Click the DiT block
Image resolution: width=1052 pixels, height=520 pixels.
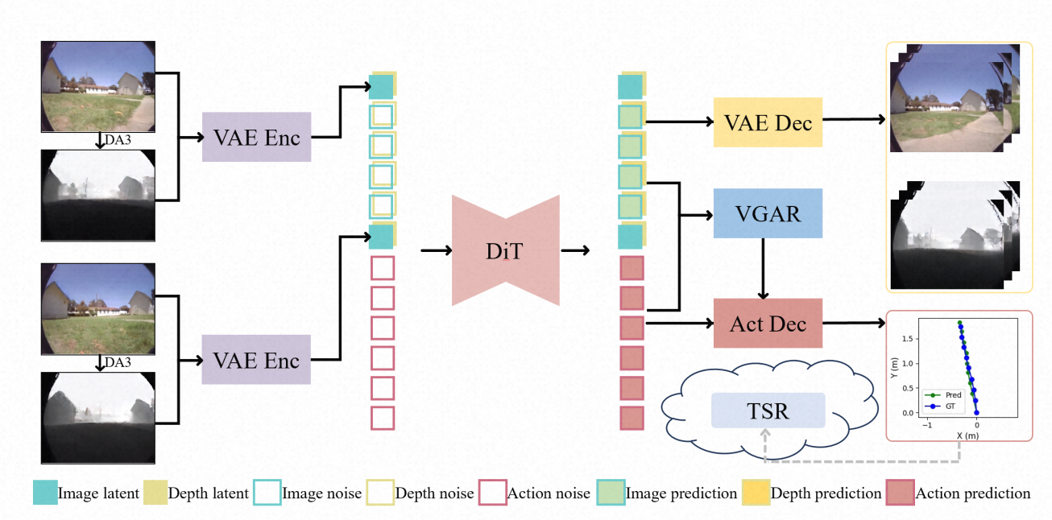pyautogui.click(x=505, y=250)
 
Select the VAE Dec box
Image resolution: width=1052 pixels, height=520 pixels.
pyautogui.click(x=768, y=122)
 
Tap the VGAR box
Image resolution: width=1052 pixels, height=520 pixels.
pyautogui.click(x=768, y=213)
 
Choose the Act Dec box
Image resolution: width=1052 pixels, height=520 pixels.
pyautogui.click(x=768, y=323)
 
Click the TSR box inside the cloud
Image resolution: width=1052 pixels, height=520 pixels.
pyautogui.click(x=768, y=411)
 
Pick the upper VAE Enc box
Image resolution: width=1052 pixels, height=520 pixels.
pyautogui.click(x=256, y=137)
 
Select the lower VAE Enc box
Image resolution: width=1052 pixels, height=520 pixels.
pyautogui.click(x=256, y=360)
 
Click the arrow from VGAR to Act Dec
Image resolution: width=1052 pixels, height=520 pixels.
pyautogui.click(x=763, y=268)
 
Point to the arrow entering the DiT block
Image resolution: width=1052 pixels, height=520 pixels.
pyautogui.click(x=437, y=250)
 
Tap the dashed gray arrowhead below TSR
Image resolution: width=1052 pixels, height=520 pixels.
pyautogui.click(x=765, y=433)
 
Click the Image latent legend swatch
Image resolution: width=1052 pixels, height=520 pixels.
pyautogui.click(x=45, y=492)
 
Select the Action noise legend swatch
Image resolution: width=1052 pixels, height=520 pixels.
pyautogui.click(x=493, y=492)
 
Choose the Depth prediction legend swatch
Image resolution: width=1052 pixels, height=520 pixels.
pyautogui.click(x=756, y=492)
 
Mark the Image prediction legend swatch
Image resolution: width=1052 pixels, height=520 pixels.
pyautogui.click(x=611, y=492)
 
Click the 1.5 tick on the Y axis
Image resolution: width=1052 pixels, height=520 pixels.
pyautogui.click(x=907, y=339)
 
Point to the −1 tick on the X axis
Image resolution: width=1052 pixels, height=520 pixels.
pyautogui.click(x=927, y=425)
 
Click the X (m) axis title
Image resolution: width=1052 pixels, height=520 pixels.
pyautogui.click(x=968, y=435)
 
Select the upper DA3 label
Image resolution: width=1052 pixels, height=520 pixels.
pyautogui.click(x=118, y=140)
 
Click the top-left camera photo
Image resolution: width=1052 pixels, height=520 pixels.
pyautogui.click(x=98, y=87)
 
